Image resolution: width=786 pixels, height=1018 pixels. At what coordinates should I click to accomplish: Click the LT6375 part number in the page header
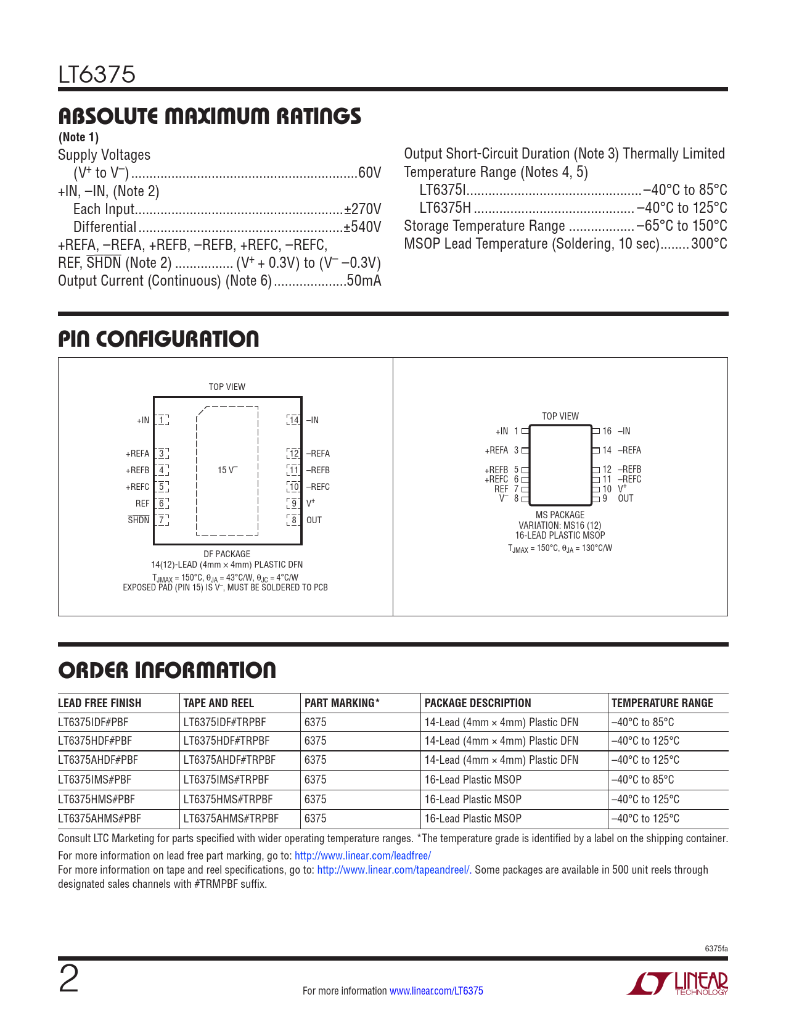(97, 75)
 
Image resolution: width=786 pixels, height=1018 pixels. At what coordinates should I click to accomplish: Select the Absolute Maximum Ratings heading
(210, 116)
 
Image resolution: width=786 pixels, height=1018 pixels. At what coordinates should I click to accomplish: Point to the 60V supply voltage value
(369, 173)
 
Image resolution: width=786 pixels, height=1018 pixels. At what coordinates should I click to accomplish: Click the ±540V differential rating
(362, 227)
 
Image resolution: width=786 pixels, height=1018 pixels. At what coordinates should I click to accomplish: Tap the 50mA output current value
(364, 281)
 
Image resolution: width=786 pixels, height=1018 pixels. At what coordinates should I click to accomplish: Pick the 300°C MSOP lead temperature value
(709, 244)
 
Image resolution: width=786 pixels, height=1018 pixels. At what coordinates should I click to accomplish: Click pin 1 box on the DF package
(162, 420)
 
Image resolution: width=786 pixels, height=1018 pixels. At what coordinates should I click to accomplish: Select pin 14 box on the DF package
(294, 420)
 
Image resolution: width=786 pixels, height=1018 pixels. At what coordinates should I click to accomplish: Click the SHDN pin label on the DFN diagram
(139, 520)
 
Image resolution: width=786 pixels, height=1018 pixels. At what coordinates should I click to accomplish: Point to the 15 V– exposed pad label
(227, 470)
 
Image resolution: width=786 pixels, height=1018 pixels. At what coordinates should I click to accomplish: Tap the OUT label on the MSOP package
(626, 499)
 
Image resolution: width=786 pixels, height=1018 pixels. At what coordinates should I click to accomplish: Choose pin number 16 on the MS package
(607, 431)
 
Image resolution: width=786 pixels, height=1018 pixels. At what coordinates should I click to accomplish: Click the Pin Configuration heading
(158, 339)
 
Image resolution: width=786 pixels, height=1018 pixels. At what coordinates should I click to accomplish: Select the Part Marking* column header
(342, 703)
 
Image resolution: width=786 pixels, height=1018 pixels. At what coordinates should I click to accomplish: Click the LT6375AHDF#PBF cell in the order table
(98, 760)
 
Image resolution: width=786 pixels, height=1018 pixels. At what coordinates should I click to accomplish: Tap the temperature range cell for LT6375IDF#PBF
(642, 722)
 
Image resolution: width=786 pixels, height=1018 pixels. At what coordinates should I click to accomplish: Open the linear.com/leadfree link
(362, 856)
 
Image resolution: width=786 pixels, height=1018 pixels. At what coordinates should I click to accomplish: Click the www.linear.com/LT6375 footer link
(436, 991)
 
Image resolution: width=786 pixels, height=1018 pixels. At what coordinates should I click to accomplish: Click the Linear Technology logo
(678, 983)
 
